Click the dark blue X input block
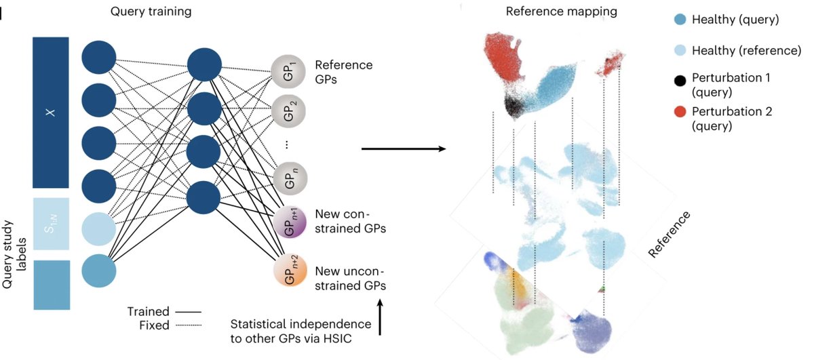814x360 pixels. (51, 113)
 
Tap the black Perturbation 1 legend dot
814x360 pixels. (678, 81)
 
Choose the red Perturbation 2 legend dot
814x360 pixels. (678, 111)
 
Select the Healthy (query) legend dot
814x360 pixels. (678, 20)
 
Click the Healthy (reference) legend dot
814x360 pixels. (678, 50)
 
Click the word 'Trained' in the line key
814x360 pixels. (148, 312)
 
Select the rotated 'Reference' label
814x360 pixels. (669, 234)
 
